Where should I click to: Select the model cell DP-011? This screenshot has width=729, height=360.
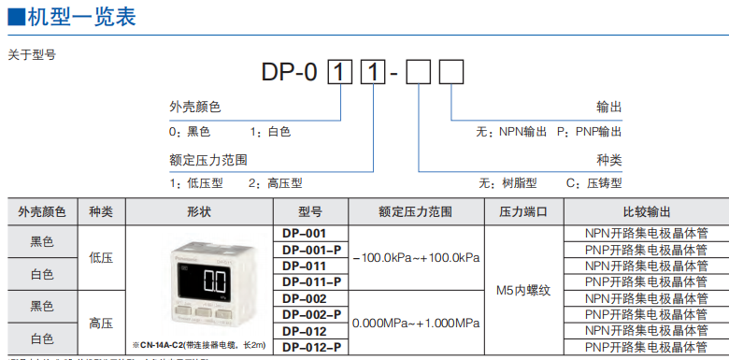[304, 265]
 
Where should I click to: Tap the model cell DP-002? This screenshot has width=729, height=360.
[304, 297]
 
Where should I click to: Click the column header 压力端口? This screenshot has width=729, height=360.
[523, 212]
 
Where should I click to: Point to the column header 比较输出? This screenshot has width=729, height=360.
[646, 212]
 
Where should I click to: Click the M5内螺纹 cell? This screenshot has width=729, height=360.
[523, 290]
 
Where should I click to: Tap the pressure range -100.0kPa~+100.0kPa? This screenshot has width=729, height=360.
[419, 257]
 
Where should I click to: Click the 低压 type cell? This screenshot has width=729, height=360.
[100, 257]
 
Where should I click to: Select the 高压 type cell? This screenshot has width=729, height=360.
[100, 323]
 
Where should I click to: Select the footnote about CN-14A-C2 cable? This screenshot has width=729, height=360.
[199, 345]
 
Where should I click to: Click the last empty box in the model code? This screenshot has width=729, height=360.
[451, 71]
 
